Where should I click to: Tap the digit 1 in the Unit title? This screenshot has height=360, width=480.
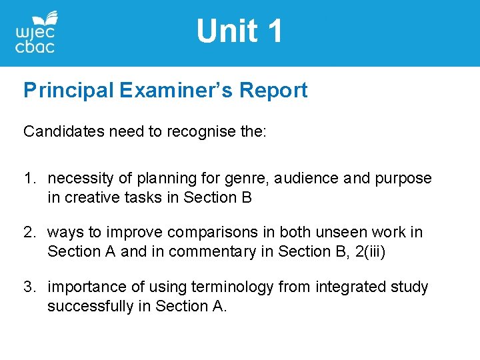[x=273, y=31]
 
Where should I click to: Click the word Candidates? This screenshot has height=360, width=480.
[x=58, y=131]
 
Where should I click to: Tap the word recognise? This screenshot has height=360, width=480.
[x=201, y=131]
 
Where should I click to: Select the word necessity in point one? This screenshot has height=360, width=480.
[x=77, y=179]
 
